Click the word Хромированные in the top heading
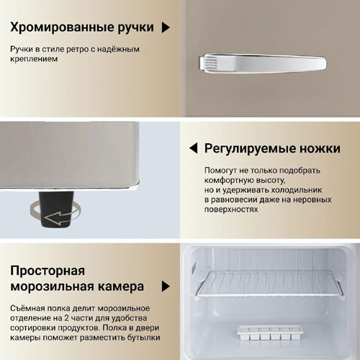click(x=62, y=27)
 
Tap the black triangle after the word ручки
click(x=166, y=27)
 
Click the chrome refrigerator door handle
click(x=262, y=63)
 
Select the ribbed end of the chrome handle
click(x=208, y=63)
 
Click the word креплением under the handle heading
click(x=34, y=59)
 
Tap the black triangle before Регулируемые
click(x=194, y=148)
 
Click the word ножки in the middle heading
click(x=320, y=148)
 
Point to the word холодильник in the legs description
click(x=297, y=190)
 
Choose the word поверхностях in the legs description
click(x=231, y=210)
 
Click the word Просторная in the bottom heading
click(x=48, y=271)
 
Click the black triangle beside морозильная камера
click(x=166, y=287)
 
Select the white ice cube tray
click(x=269, y=332)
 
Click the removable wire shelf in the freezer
click(x=269, y=284)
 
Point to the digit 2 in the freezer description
click(x=67, y=318)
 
